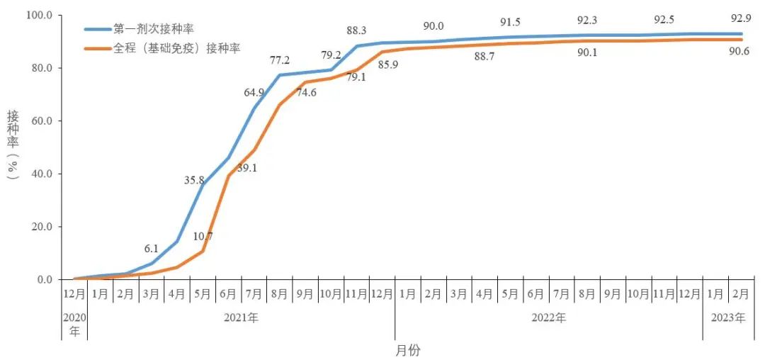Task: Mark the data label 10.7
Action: click(x=204, y=236)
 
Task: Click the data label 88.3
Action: click(x=357, y=30)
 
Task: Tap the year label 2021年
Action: click(x=241, y=318)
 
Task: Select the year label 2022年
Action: click(x=548, y=318)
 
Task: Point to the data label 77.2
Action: click(x=279, y=60)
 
